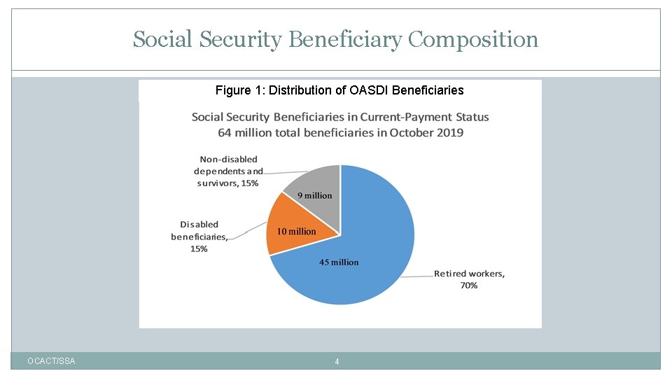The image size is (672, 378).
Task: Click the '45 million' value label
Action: [339, 262]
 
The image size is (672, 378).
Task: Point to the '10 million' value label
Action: [296, 232]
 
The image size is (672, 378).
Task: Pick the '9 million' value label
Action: [315, 196]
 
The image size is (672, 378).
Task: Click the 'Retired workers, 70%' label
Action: [468, 279]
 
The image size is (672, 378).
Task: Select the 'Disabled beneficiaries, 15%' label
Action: [199, 237]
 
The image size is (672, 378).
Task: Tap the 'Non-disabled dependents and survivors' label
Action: [228, 171]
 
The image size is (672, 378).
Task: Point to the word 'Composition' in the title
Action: [473, 40]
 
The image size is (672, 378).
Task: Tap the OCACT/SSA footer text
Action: [51, 361]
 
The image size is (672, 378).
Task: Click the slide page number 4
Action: [337, 362]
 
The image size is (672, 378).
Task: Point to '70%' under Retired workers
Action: [468, 286]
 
